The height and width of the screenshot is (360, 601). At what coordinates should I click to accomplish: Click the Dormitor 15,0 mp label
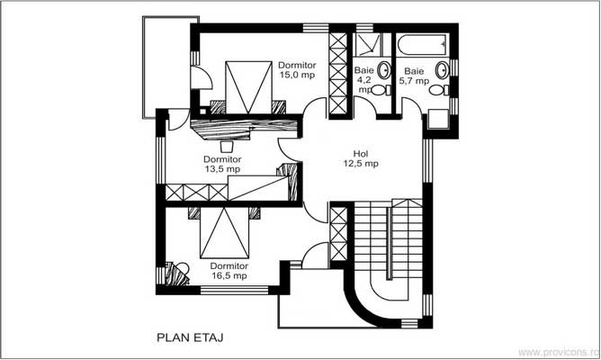click(x=296, y=70)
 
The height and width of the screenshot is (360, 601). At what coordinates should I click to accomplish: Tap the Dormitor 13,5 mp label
click(x=220, y=164)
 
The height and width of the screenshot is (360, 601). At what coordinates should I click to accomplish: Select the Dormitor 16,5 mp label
click(x=230, y=272)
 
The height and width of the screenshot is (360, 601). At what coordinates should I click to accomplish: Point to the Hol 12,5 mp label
click(x=360, y=159)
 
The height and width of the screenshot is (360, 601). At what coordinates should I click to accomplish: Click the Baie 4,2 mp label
click(x=365, y=77)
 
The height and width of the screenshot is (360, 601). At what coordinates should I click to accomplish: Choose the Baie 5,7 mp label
click(x=415, y=76)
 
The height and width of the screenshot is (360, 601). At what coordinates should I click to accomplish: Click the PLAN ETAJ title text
click(x=190, y=339)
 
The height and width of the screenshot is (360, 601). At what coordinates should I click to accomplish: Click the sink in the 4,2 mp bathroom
click(x=383, y=68)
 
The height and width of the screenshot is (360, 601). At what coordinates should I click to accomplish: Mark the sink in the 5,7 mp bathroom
click(x=442, y=68)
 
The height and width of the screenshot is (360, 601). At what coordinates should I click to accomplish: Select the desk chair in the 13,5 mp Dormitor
click(x=226, y=143)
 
